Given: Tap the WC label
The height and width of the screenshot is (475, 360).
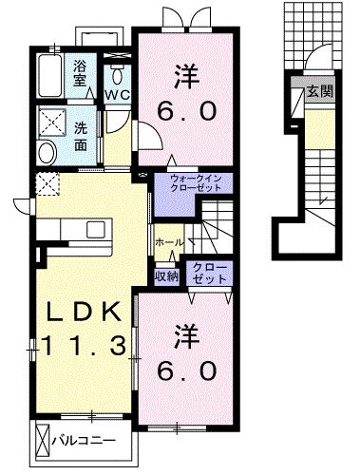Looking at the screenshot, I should click(117, 96).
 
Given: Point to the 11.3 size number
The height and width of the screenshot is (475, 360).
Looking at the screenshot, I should click(84, 347).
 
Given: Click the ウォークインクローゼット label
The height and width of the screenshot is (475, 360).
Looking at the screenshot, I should click(196, 182).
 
